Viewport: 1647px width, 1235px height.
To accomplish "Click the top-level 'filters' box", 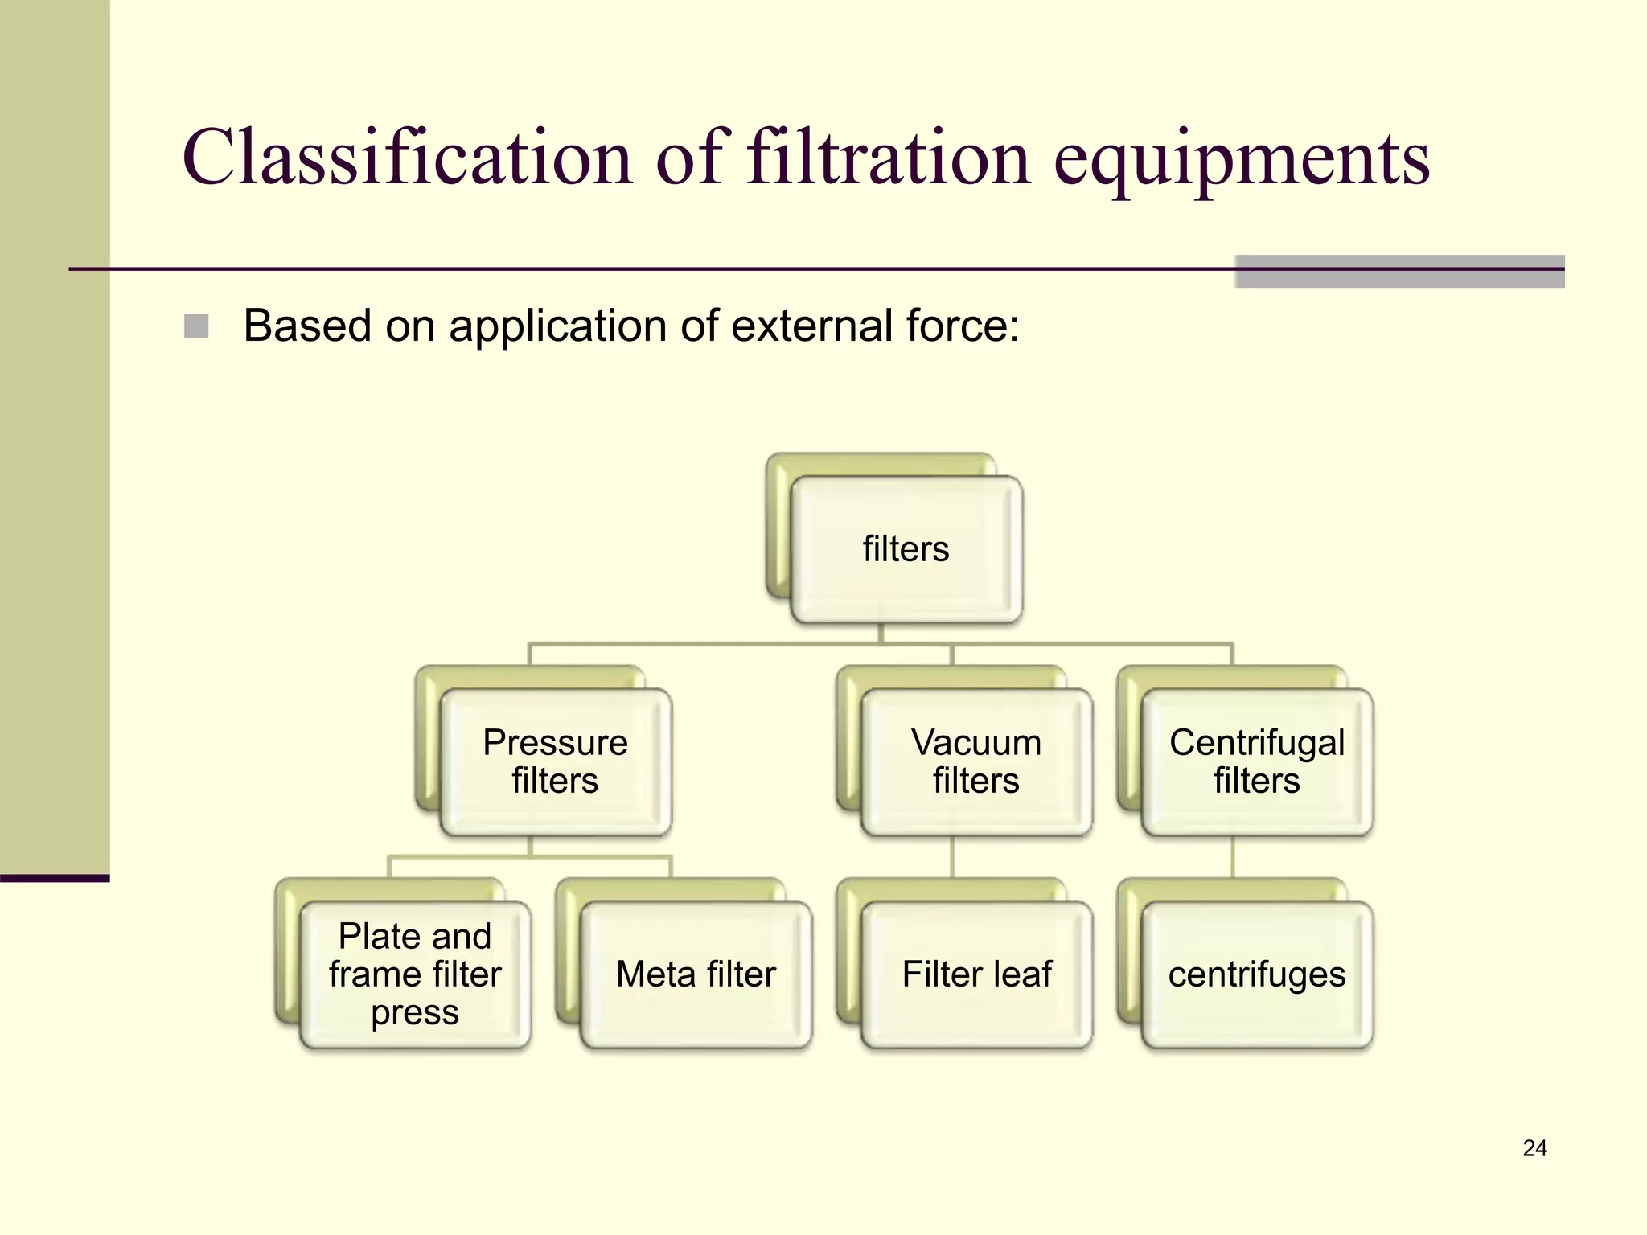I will coord(906,550).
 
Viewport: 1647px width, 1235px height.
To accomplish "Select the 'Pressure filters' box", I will coord(555,761).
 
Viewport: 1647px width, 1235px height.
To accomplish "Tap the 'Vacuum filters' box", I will coord(975,761).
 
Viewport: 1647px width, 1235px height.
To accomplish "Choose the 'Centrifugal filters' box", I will coord(1256,761).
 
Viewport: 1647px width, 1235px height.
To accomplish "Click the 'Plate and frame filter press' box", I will coord(414,974).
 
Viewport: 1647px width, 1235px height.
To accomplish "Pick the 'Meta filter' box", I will coord(696,974).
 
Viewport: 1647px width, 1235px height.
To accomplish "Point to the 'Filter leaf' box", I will coord(976,974).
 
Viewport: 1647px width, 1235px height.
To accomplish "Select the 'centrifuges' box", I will coord(1256,974).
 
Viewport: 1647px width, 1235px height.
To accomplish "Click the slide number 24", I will coord(1534,1148).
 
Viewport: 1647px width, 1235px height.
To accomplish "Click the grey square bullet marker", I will coord(196,326).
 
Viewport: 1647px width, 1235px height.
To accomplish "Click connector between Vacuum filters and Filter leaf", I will coord(952,857).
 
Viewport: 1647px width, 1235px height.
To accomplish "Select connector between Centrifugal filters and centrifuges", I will coord(1233,857).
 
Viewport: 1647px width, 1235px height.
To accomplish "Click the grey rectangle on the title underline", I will coord(1399,272).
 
